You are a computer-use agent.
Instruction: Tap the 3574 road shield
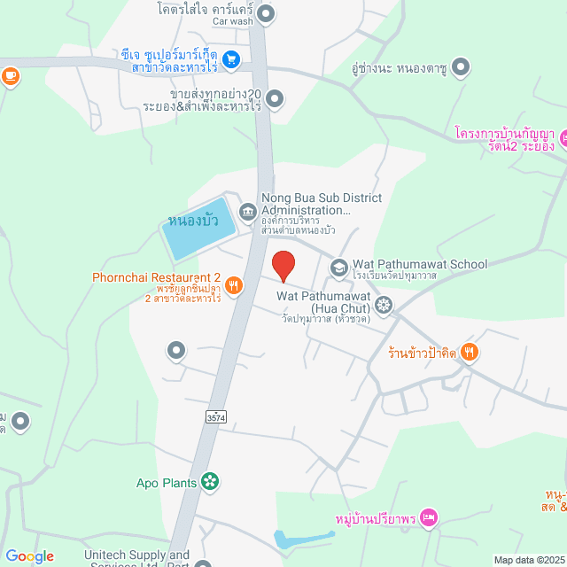(214, 416)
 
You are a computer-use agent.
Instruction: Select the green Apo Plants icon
(210, 482)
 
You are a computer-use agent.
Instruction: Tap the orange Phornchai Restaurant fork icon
(234, 285)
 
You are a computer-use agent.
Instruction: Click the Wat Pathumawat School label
(420, 264)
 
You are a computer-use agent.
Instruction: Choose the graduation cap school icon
(339, 266)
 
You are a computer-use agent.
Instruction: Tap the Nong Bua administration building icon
(247, 211)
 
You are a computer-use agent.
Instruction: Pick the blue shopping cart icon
(230, 59)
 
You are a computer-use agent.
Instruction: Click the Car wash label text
(232, 21)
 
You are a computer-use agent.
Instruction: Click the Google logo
(29, 556)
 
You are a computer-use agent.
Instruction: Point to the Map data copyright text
(529, 560)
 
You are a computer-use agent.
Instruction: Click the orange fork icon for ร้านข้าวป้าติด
(470, 353)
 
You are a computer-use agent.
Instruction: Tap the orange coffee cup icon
(11, 77)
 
